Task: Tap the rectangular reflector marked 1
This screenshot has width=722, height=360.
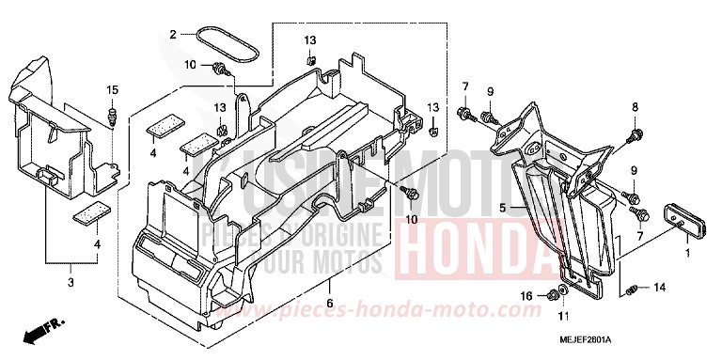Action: [672, 219]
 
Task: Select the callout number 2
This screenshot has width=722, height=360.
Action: [173, 35]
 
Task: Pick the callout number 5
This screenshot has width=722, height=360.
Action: [503, 207]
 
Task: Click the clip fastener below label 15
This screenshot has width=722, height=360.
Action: [113, 117]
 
